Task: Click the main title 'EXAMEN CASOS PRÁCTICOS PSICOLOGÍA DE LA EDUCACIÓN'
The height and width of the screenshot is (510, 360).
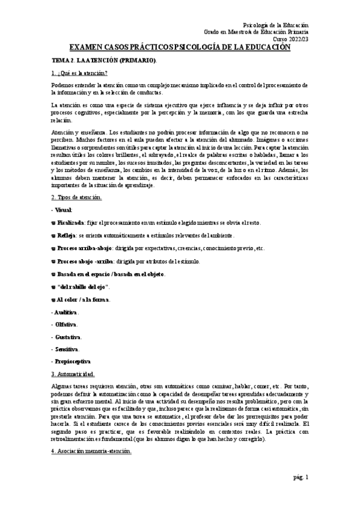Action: (180, 47)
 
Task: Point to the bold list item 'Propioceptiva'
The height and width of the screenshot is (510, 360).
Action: (72, 361)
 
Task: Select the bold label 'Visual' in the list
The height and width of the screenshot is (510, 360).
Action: (63, 210)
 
